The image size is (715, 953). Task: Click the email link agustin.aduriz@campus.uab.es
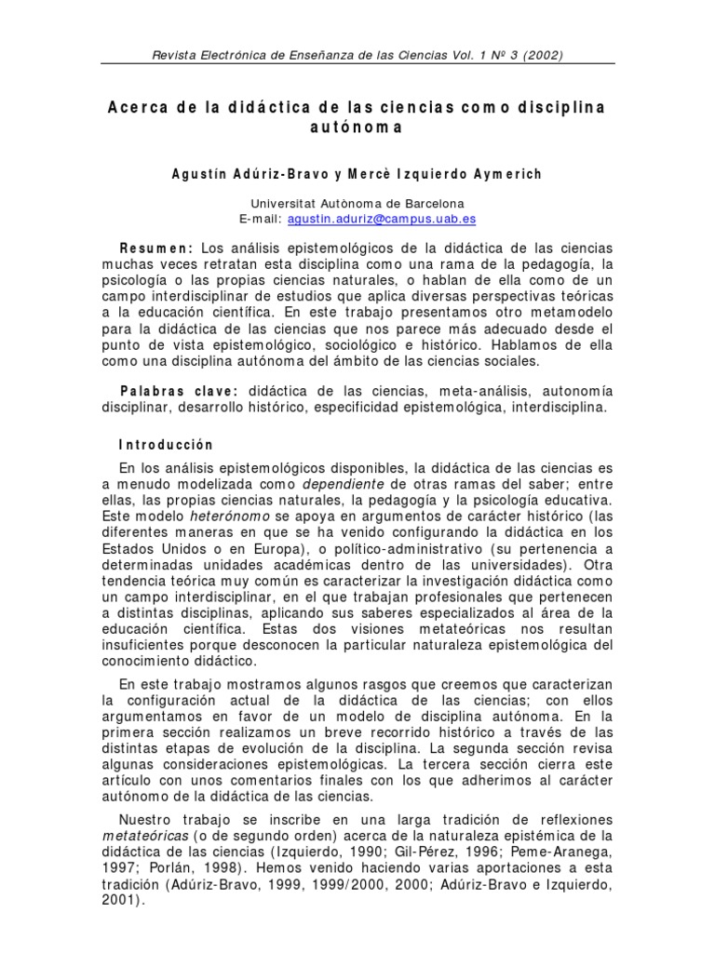click(x=382, y=219)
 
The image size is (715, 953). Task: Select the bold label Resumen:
click(x=155, y=248)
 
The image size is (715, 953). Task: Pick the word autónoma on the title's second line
click(x=357, y=128)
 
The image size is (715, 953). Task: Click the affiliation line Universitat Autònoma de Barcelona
click(x=357, y=203)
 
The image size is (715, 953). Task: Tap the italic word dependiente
click(x=344, y=484)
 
